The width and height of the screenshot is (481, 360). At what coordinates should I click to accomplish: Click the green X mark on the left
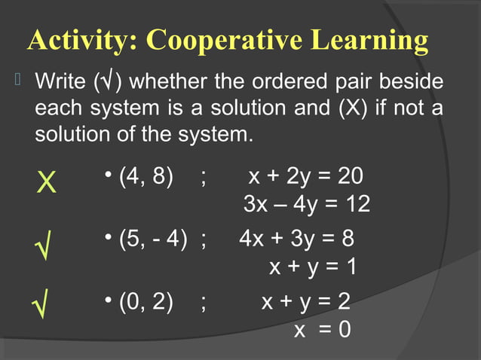47,182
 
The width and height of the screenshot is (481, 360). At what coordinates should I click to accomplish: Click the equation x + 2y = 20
305,177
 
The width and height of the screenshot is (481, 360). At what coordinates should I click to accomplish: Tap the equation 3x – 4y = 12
307,204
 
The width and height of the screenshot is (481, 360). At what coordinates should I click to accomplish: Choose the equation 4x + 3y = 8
296,239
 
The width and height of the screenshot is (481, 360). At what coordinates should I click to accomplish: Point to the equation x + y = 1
313,267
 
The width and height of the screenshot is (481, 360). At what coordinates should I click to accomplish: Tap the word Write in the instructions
62,80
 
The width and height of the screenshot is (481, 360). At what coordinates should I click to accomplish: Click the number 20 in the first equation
350,177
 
